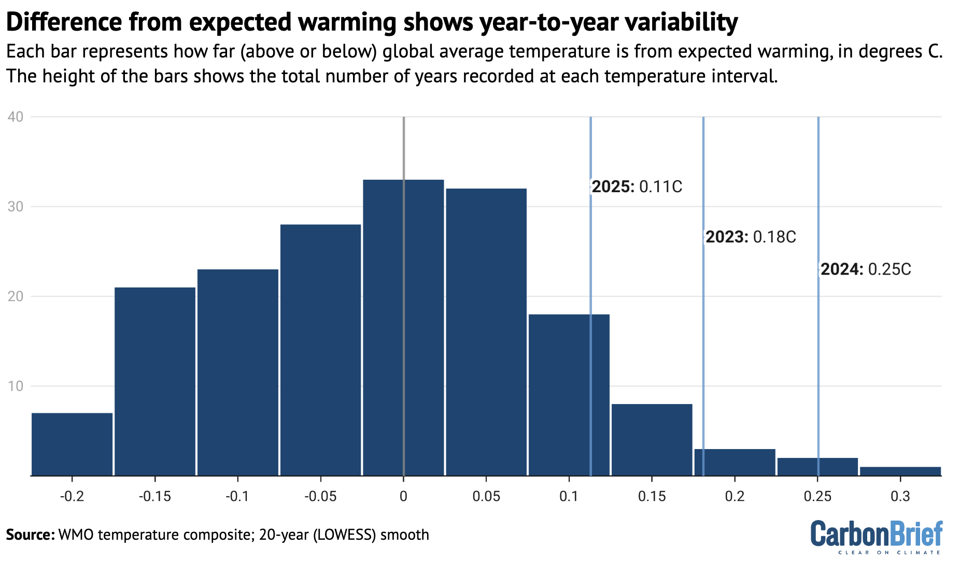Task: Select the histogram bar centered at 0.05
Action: pos(486,332)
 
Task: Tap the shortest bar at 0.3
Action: pos(900,471)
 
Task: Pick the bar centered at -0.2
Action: pos(72,444)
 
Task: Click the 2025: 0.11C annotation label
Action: pos(637,186)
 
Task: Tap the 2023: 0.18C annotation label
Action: pos(751,237)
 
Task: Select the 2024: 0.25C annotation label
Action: pos(866,269)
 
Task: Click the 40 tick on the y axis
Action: pos(16,117)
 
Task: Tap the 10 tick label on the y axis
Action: pos(16,386)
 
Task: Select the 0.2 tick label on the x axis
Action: pos(735,496)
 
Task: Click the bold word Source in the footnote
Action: pos(30,535)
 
